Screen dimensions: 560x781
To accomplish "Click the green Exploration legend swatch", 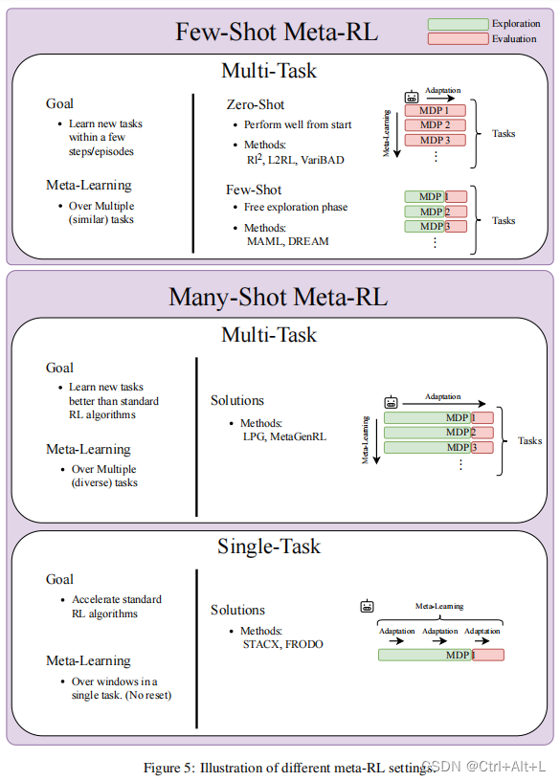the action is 458,24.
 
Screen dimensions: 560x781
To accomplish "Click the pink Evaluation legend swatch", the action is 458,39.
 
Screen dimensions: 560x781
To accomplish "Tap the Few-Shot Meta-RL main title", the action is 277,32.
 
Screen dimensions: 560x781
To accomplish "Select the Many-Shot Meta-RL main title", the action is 278,297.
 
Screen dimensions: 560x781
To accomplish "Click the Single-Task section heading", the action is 269,547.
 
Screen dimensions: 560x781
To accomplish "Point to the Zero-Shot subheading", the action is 255,104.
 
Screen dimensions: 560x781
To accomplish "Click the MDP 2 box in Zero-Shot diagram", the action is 435,125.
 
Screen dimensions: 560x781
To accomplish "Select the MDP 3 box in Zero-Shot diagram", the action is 435,140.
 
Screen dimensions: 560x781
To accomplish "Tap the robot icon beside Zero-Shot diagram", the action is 412,97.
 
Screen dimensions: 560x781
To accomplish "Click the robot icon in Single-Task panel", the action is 368,606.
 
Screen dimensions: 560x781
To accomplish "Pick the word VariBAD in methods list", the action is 323,160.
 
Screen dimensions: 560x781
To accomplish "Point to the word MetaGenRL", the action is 298,436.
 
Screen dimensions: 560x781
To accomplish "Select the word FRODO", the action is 303,644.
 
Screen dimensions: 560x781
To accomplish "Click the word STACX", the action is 261,644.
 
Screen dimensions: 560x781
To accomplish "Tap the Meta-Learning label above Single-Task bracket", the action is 439,606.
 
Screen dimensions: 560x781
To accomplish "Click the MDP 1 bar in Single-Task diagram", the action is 441,655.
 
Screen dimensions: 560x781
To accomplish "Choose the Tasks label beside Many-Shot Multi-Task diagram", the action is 529,441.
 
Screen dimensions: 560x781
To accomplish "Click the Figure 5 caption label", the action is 169,768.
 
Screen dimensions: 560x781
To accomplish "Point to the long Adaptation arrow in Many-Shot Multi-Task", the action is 443,404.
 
